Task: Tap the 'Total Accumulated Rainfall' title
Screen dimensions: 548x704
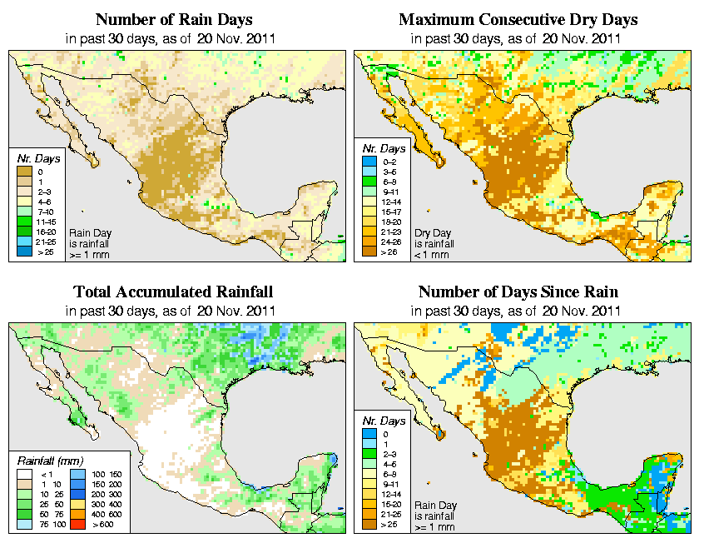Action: point(173,292)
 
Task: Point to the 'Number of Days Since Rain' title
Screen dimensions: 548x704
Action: point(518,292)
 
